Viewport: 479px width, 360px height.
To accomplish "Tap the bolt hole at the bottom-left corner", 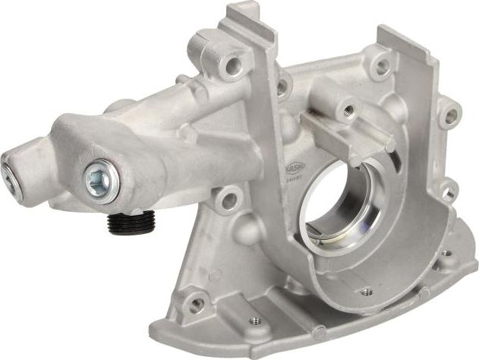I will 196,304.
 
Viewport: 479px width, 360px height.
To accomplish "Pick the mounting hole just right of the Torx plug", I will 226,201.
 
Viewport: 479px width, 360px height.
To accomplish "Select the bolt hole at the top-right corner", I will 380,68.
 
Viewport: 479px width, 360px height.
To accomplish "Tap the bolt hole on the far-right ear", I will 450,116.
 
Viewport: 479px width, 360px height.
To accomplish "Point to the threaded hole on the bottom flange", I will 255,321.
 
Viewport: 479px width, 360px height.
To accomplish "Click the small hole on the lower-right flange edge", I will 445,254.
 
